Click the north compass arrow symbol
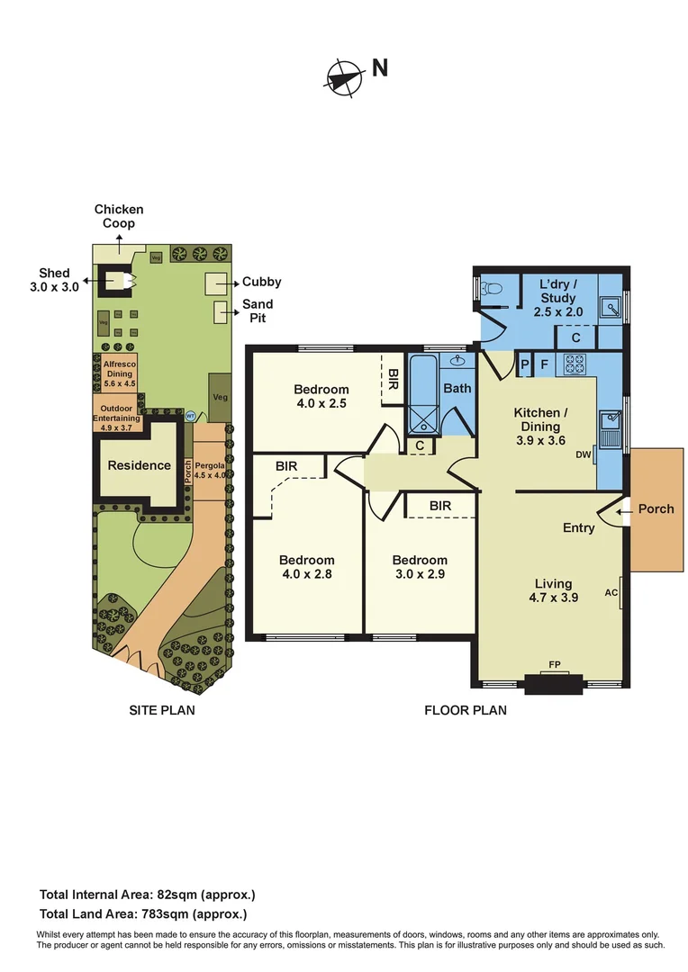[x=343, y=77]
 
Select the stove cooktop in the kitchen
[x=575, y=364]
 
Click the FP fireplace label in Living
[x=554, y=667]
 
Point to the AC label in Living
[x=611, y=593]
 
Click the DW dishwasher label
[x=584, y=454]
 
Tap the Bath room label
[x=457, y=389]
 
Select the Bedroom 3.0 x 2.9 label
[x=420, y=566]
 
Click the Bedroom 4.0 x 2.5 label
[x=321, y=397]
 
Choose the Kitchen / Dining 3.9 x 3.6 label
[x=537, y=427]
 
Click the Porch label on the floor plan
[x=656, y=508]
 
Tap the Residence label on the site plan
[x=140, y=465]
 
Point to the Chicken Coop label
[x=119, y=217]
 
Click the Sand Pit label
[x=258, y=311]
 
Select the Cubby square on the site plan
[x=216, y=283]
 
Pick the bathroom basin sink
[x=457, y=362]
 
